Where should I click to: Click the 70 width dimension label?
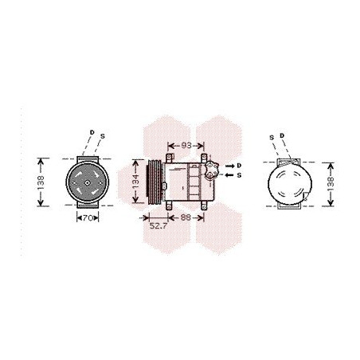pyautogui.click(x=88, y=218)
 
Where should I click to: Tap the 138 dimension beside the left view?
pyautogui.click(x=41, y=182)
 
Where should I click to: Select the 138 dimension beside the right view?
pyautogui.click(x=331, y=184)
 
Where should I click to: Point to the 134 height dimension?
pyautogui.click(x=135, y=182)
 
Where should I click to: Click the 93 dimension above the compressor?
pyautogui.click(x=186, y=146)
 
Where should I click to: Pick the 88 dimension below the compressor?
pyautogui.click(x=186, y=217)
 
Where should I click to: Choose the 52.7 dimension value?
pyautogui.click(x=158, y=226)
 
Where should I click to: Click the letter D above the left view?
pyautogui.click(x=92, y=132)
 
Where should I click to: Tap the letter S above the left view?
pyautogui.click(x=103, y=136)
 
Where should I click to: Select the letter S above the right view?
pyautogui.click(x=272, y=138)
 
